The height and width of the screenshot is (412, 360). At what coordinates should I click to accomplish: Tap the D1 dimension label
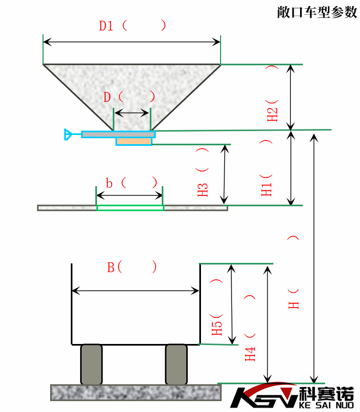(107, 26)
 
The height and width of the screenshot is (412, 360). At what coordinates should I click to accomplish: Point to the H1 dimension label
(267, 186)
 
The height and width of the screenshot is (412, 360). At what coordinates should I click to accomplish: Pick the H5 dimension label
(217, 324)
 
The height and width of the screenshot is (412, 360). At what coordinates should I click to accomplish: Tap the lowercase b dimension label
(109, 183)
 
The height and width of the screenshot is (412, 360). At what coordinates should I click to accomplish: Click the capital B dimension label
(111, 267)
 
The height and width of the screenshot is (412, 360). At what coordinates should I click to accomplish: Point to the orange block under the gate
(134, 142)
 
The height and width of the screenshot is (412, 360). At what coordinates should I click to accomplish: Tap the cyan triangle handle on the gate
(69, 134)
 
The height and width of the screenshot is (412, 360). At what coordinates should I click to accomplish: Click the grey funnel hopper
(132, 87)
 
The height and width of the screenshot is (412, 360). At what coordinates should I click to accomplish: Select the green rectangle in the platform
(130, 207)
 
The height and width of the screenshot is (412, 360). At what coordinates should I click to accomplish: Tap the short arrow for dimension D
(132, 113)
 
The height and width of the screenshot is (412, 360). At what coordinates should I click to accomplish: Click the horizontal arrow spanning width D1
(132, 41)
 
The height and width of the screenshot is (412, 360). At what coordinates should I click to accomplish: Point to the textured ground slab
(136, 392)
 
